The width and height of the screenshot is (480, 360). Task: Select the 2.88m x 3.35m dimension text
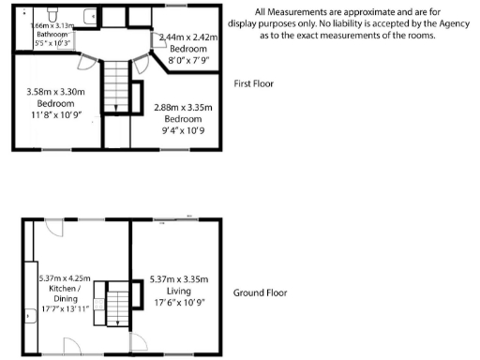pyautogui.click(x=182, y=108)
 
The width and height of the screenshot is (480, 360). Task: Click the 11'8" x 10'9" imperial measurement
pyautogui.click(x=55, y=114)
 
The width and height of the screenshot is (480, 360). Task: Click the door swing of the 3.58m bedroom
pyautogui.click(x=85, y=63)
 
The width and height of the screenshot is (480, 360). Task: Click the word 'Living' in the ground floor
pyautogui.click(x=177, y=292)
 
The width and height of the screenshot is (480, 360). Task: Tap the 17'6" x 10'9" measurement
pyautogui.click(x=177, y=303)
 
